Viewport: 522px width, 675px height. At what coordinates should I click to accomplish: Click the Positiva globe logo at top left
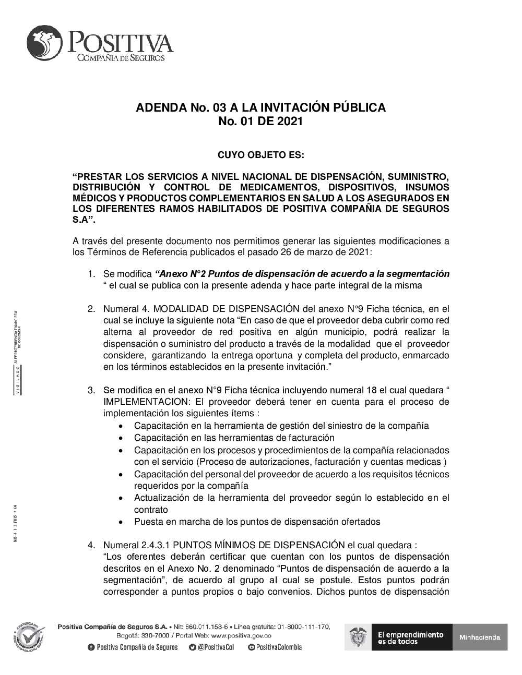[x=44, y=43]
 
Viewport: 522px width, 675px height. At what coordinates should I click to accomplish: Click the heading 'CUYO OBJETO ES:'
[x=260, y=155]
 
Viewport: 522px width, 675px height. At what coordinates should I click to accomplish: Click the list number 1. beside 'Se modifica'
[x=91, y=274]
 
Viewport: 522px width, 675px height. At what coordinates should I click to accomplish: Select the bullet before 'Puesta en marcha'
[x=121, y=522]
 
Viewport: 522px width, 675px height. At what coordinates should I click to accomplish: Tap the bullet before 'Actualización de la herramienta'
[x=121, y=498]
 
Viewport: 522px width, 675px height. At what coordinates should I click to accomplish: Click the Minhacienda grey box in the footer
[x=480, y=637]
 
